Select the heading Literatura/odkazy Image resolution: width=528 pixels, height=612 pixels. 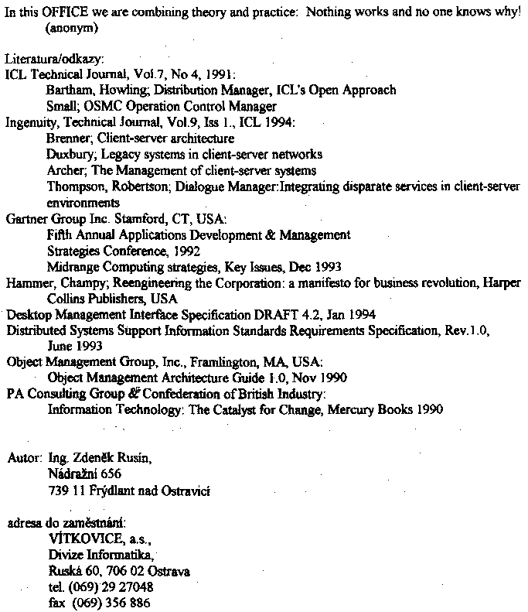click(x=49, y=60)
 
